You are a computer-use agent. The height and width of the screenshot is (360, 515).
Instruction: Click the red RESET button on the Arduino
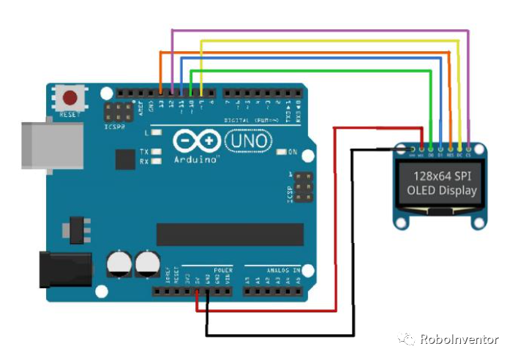(70, 98)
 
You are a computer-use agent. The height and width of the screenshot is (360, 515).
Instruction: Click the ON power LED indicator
(282, 153)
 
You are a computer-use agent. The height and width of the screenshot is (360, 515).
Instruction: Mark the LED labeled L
(156, 133)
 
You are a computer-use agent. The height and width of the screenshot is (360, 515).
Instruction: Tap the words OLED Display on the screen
(442, 191)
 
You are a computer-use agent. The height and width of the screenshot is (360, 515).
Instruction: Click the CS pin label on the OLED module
(467, 154)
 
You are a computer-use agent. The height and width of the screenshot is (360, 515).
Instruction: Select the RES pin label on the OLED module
(449, 154)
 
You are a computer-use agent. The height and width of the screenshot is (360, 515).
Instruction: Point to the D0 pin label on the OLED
(431, 154)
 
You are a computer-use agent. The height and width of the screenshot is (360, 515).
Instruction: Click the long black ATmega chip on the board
(230, 234)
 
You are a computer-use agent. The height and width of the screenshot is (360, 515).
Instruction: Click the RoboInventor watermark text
(459, 340)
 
